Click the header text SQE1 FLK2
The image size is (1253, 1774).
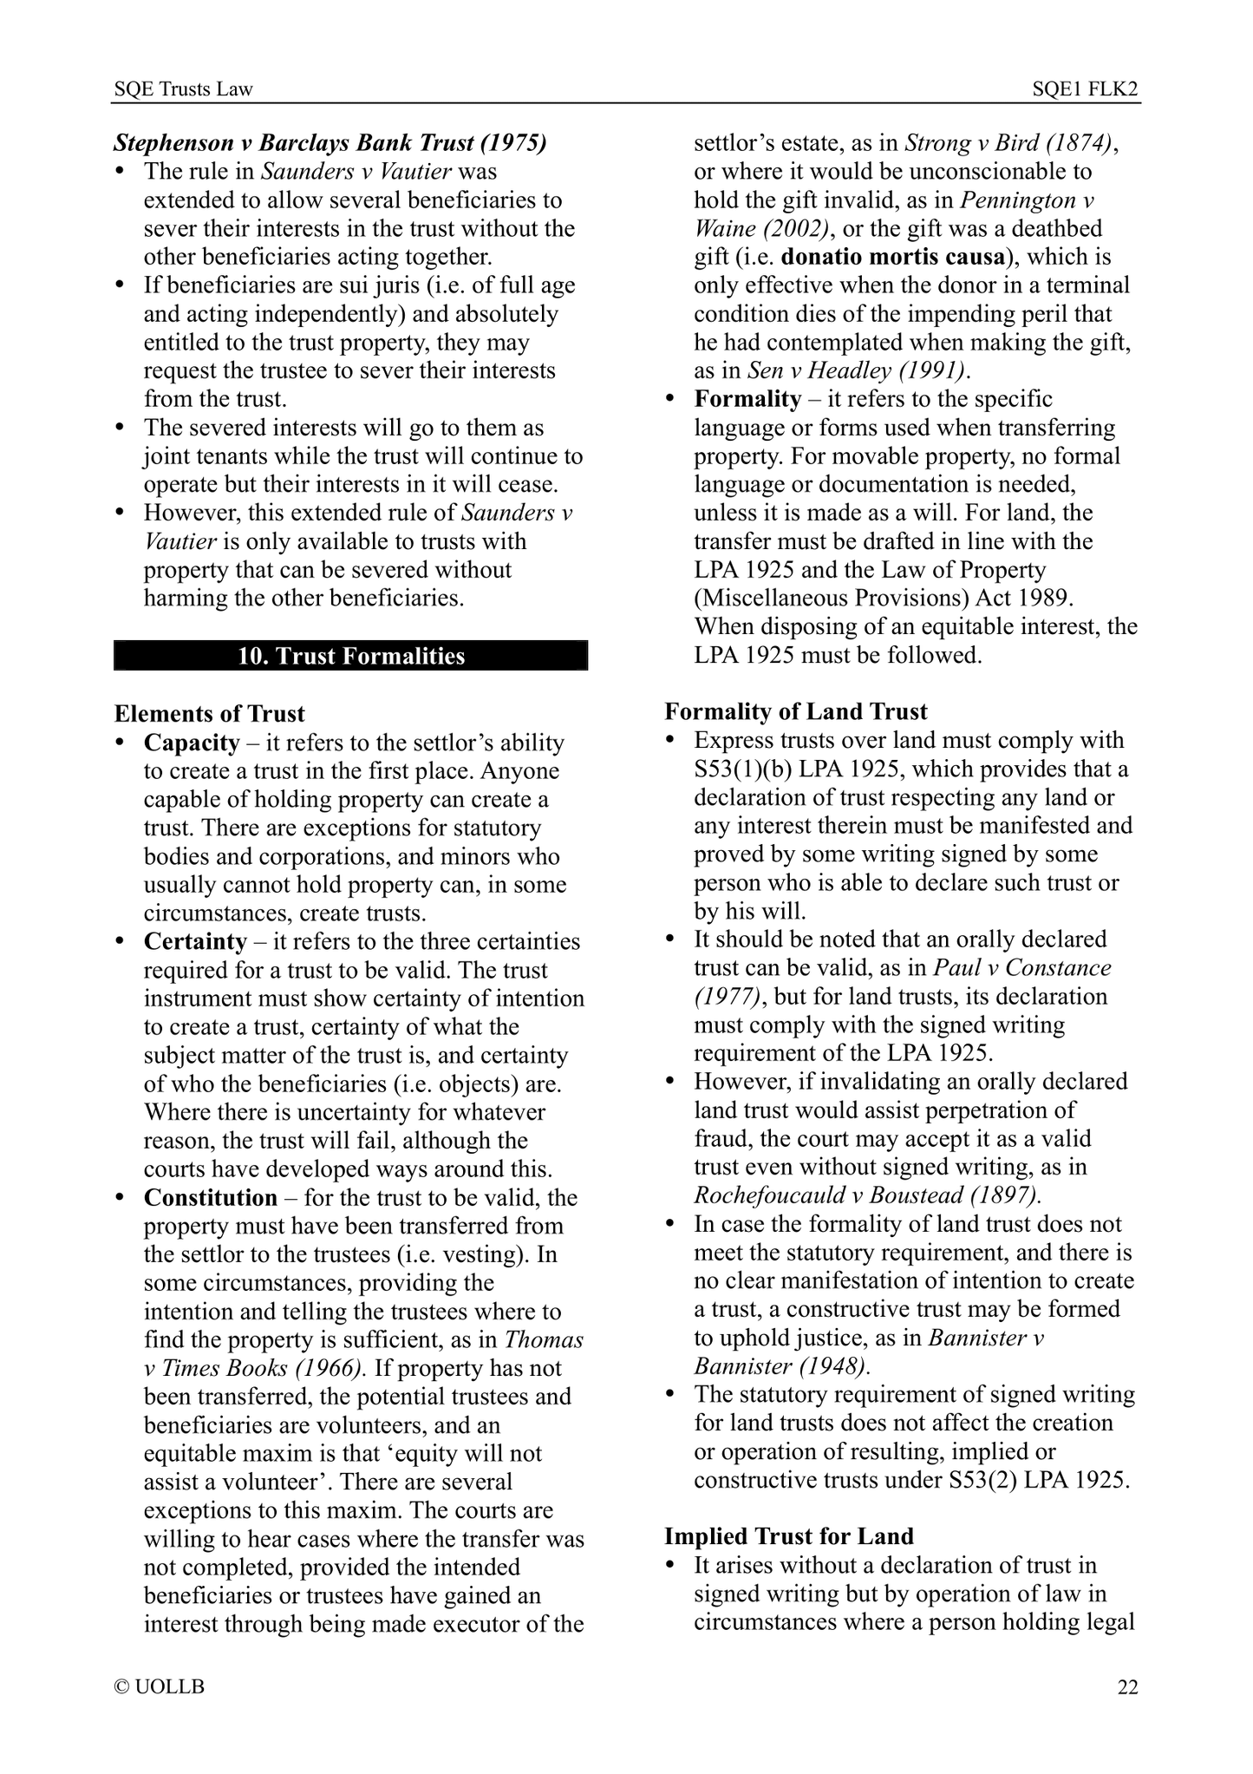[1085, 89]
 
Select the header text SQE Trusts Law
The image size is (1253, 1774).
[184, 89]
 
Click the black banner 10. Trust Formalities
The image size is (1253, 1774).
[350, 656]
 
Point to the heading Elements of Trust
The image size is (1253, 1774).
[209, 714]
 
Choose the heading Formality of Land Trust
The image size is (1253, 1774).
[795, 712]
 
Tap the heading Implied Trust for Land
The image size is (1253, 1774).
[788, 1536]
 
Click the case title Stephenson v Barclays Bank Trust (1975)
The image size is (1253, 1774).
[330, 143]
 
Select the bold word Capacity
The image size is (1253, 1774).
[192, 743]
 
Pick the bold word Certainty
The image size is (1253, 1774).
[195, 941]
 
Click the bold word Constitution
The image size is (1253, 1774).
[210, 1197]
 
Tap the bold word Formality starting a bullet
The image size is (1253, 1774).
[747, 399]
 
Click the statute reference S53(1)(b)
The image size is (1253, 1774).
[745, 769]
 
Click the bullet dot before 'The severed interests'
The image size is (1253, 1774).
[121, 428]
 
